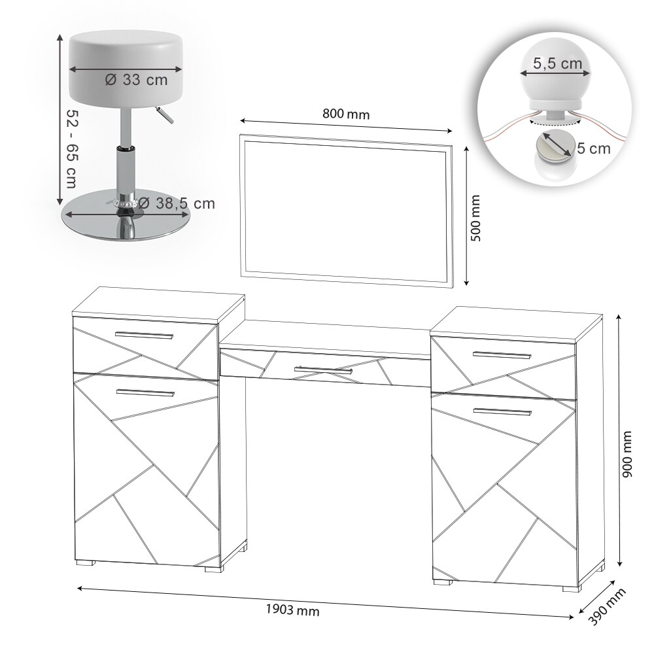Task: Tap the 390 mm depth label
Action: point(608,607)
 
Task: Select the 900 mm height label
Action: point(627,455)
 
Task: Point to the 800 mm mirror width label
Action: point(346,114)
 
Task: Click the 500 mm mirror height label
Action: point(475,218)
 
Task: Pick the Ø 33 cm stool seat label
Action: point(137,80)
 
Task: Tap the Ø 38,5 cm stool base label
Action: point(177,203)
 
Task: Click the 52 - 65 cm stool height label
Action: point(73,148)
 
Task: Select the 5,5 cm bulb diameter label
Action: point(557,63)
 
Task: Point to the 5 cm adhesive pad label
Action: point(594,148)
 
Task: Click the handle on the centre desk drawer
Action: point(323,370)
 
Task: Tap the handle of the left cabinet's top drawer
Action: point(145,336)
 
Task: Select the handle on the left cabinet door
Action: point(146,393)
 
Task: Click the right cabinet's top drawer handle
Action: point(502,355)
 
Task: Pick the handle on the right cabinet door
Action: point(502,412)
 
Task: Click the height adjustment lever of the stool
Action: point(164,114)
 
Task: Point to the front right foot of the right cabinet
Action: point(572,589)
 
